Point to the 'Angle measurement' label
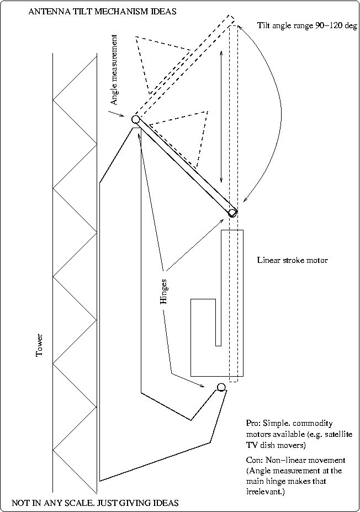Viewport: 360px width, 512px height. tap(114, 70)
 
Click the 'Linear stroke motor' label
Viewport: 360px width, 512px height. tap(292, 260)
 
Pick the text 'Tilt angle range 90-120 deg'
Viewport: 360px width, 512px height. tap(308, 25)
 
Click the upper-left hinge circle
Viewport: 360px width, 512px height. tap(135, 119)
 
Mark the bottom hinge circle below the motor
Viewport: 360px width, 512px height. tap(221, 387)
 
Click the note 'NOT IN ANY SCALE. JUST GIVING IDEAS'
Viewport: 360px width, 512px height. tap(95, 503)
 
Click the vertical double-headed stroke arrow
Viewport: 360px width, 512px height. tap(221, 116)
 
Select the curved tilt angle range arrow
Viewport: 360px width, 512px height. tap(270, 110)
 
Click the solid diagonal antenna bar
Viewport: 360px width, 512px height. tap(184, 166)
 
